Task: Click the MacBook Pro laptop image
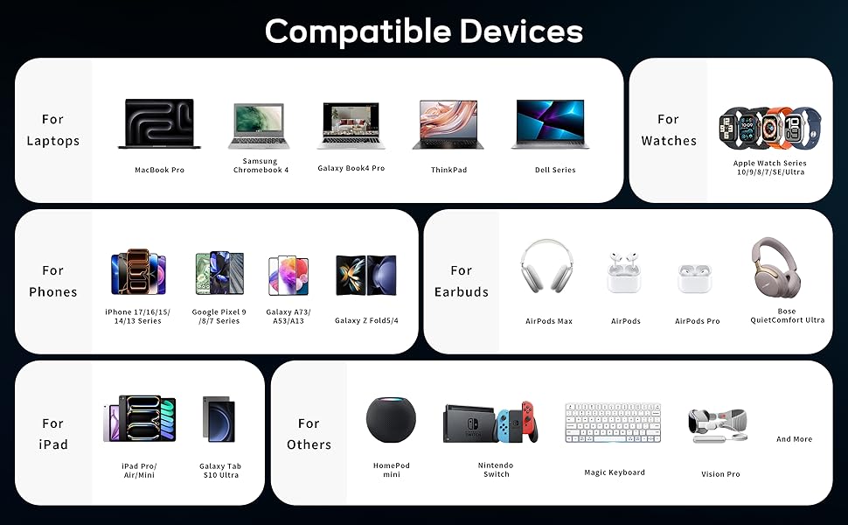click(159, 123)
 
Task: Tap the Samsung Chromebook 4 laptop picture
click(259, 126)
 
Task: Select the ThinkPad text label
click(448, 170)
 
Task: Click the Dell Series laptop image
click(550, 124)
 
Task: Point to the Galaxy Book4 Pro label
click(351, 168)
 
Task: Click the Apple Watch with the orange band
click(770, 129)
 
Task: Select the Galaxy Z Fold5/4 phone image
click(366, 275)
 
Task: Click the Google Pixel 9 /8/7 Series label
click(219, 316)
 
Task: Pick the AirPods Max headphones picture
click(546, 266)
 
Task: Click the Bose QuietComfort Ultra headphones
click(776, 267)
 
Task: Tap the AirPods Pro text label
click(697, 321)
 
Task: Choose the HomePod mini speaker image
click(391, 420)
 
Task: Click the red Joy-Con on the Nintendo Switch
click(530, 421)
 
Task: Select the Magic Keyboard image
click(613, 423)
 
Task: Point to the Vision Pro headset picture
click(718, 425)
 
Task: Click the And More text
click(794, 439)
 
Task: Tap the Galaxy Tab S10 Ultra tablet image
click(219, 419)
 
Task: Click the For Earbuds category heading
click(462, 281)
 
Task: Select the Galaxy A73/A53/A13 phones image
click(288, 276)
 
